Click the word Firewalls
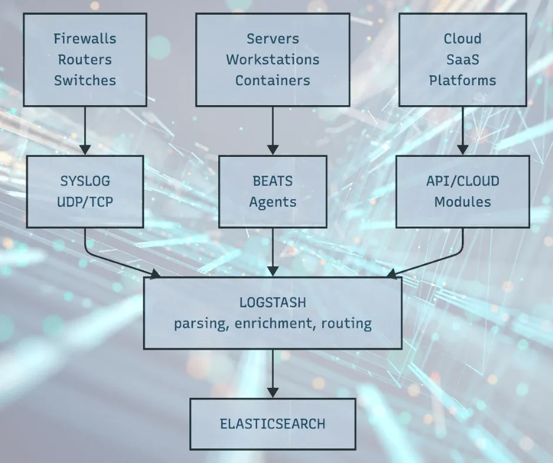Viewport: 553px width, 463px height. point(85,39)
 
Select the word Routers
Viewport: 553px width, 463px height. point(85,60)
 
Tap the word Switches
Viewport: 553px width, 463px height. point(85,80)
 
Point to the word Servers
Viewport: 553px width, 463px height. point(272,39)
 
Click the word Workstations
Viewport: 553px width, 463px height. point(272,60)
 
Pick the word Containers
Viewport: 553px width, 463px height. point(272,80)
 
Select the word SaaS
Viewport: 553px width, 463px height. point(462,60)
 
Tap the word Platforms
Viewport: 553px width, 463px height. point(462,80)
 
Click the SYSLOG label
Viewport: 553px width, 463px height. point(85,181)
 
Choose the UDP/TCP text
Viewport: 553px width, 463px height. point(85,202)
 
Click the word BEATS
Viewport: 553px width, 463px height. point(272,181)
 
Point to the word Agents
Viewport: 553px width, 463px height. point(272,202)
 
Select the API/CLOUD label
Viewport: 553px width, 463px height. point(462,181)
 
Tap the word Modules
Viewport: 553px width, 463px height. point(462,202)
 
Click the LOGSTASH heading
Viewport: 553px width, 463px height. point(272,303)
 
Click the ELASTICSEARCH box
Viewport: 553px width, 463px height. point(272,424)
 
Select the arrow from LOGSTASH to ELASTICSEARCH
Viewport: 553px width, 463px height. point(272,373)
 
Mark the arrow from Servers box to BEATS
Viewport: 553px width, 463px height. point(272,130)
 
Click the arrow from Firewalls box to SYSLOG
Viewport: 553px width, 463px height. point(85,130)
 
